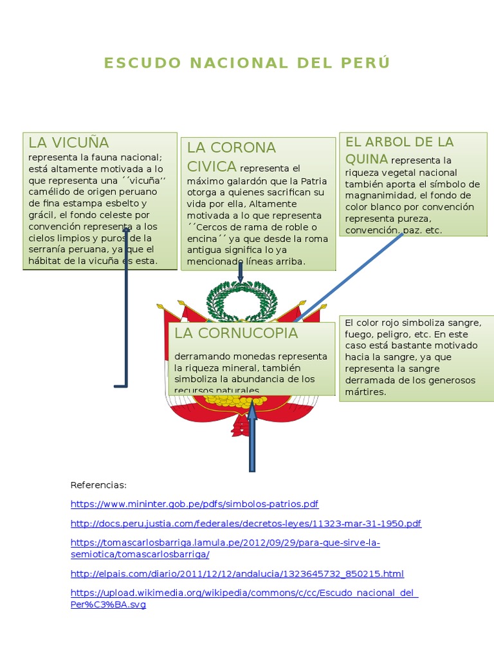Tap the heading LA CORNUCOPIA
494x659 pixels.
point(236,333)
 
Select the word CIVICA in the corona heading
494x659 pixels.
point(212,167)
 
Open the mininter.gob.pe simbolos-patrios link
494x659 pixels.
point(194,504)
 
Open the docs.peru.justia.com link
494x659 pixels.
point(246,523)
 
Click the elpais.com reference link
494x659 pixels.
point(237,573)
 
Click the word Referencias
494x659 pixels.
point(98,485)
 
